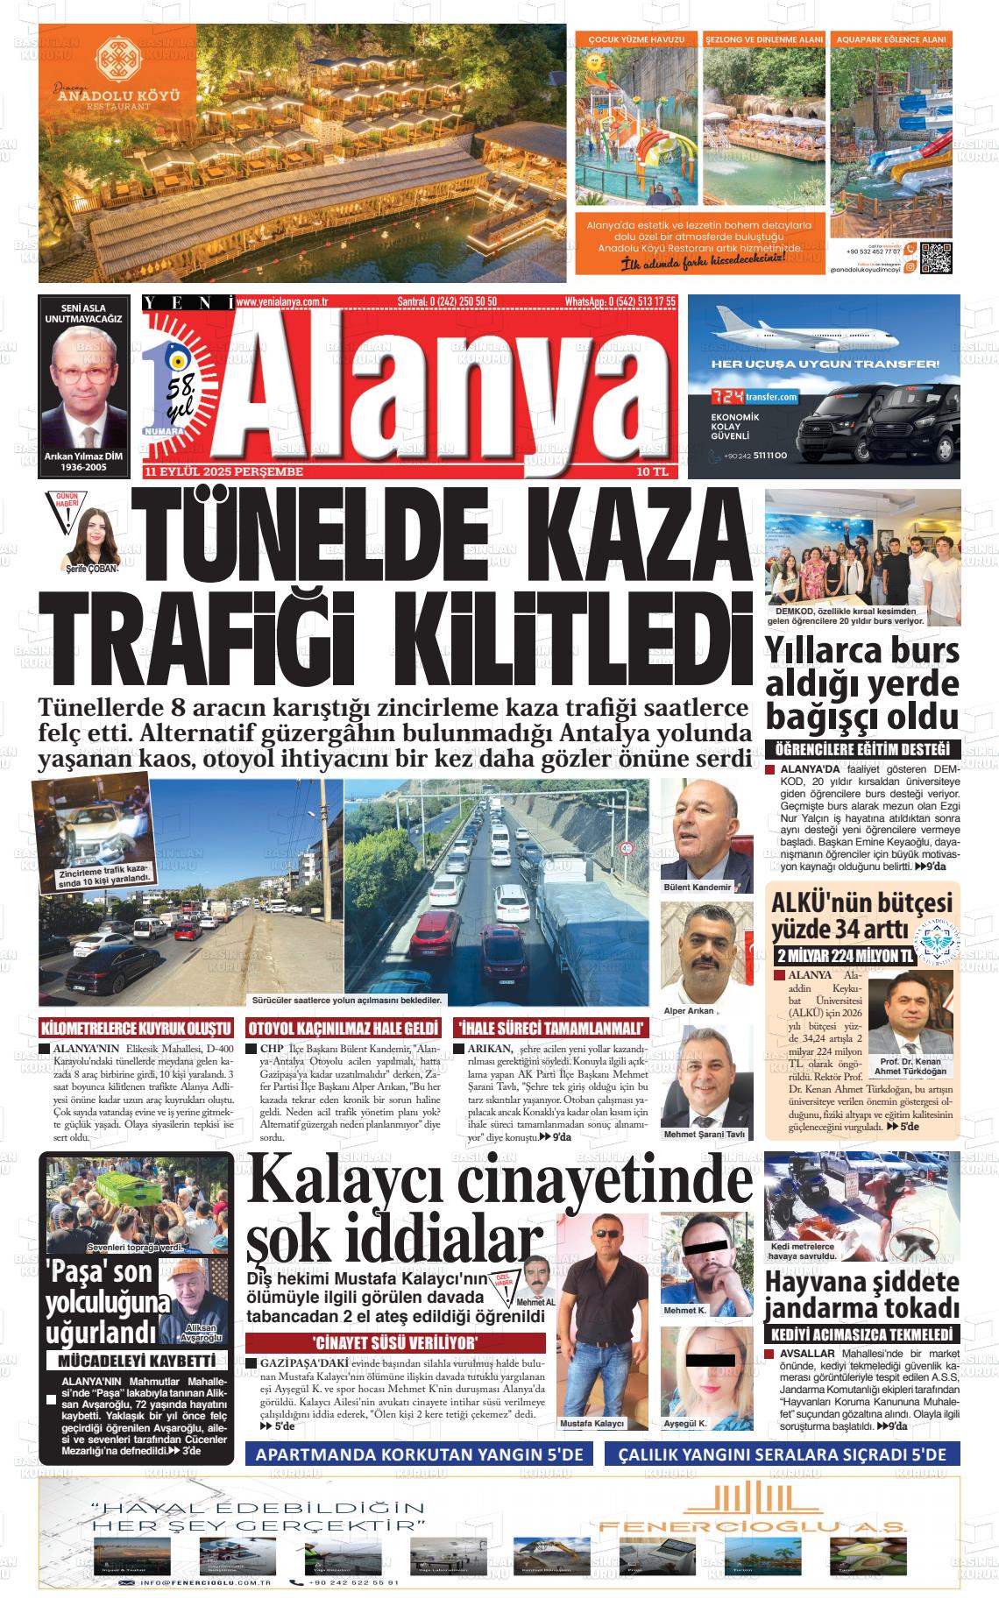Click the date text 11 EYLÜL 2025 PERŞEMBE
pyautogui.click(x=224, y=472)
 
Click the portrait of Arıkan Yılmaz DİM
pyautogui.click(x=83, y=386)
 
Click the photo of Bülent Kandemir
pyautogui.click(x=705, y=830)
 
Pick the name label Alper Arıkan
pyautogui.click(x=689, y=1010)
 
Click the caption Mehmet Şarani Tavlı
pyautogui.click(x=704, y=1134)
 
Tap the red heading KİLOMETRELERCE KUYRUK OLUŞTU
pyautogui.click(x=137, y=1028)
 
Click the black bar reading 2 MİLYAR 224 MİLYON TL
pyautogui.click(x=844, y=956)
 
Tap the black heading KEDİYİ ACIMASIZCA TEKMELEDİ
pyautogui.click(x=862, y=1334)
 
